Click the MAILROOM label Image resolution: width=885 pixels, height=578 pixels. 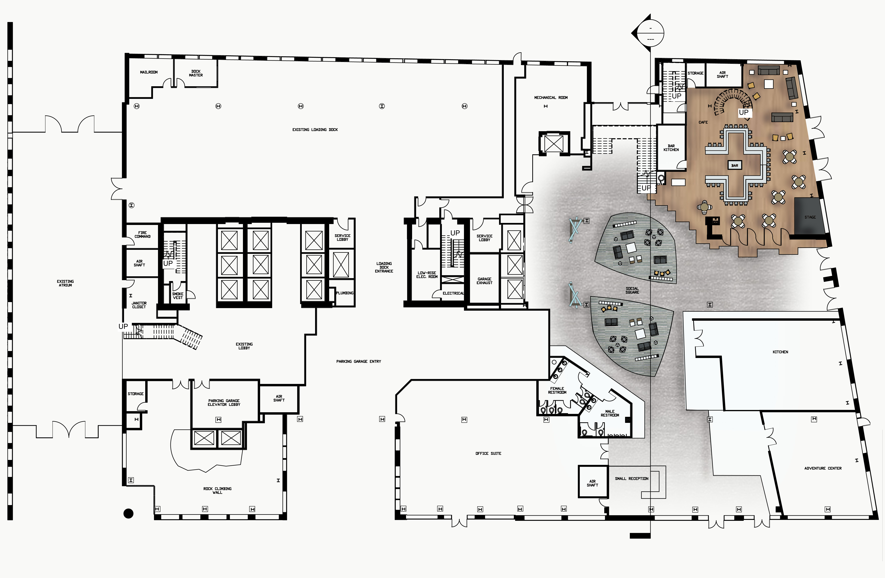149,72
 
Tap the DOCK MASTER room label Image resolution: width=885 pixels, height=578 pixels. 196,73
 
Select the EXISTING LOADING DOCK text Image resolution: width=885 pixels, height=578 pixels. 315,130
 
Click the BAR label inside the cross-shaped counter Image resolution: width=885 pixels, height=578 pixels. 735,166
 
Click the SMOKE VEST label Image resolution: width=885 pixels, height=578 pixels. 178,296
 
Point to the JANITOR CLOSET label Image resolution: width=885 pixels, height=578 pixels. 139,305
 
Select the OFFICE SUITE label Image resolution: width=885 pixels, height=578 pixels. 488,453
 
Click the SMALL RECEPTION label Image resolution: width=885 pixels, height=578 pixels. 632,479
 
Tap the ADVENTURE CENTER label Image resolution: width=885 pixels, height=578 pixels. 823,468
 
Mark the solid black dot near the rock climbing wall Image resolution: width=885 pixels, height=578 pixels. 128,514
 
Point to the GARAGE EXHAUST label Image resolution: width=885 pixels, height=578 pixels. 485,281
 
